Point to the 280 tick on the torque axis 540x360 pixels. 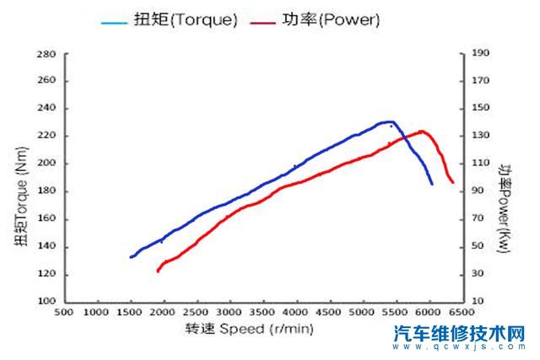(47, 54)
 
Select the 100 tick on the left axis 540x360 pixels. (47, 302)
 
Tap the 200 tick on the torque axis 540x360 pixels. (47, 164)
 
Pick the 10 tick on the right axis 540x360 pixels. (478, 302)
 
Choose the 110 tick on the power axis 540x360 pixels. (480, 164)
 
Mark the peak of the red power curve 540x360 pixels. (421, 132)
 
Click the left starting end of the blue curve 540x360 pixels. (131, 257)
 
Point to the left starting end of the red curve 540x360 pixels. (158, 271)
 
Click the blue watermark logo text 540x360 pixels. (460, 334)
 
